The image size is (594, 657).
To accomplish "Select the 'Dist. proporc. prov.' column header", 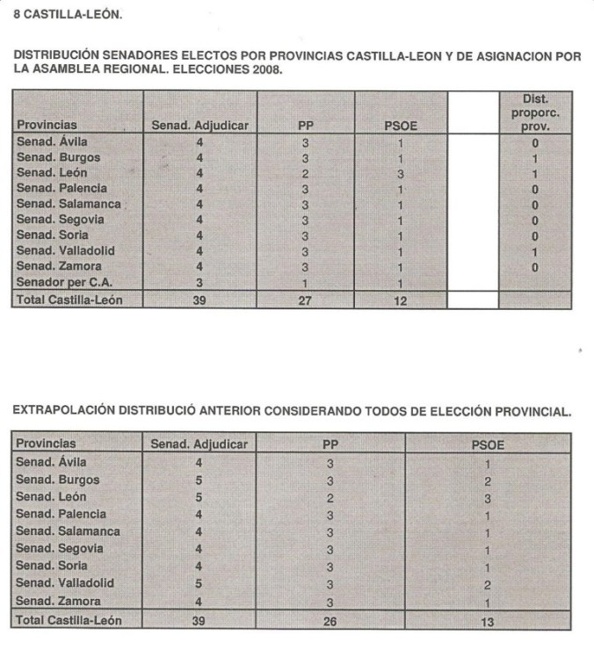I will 535,113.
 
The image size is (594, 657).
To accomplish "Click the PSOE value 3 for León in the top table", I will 401,173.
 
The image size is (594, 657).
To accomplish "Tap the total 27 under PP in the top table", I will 305,300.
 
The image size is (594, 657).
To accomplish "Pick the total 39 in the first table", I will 200,300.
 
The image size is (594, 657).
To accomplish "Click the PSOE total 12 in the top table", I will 401,300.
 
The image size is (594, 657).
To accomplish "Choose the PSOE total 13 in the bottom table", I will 487,621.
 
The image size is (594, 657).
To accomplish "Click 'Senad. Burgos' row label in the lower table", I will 58,480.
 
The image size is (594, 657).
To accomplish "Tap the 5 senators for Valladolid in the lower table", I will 199,582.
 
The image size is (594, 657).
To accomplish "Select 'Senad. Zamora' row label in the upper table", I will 59,266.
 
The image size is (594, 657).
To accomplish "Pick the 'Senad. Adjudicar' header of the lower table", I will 199,444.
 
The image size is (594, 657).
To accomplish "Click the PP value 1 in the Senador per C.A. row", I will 305,283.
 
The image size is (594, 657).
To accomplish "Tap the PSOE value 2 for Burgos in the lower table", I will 487,480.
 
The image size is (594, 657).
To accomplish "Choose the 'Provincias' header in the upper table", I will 47,126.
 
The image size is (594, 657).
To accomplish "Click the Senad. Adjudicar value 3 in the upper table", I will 200,283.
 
